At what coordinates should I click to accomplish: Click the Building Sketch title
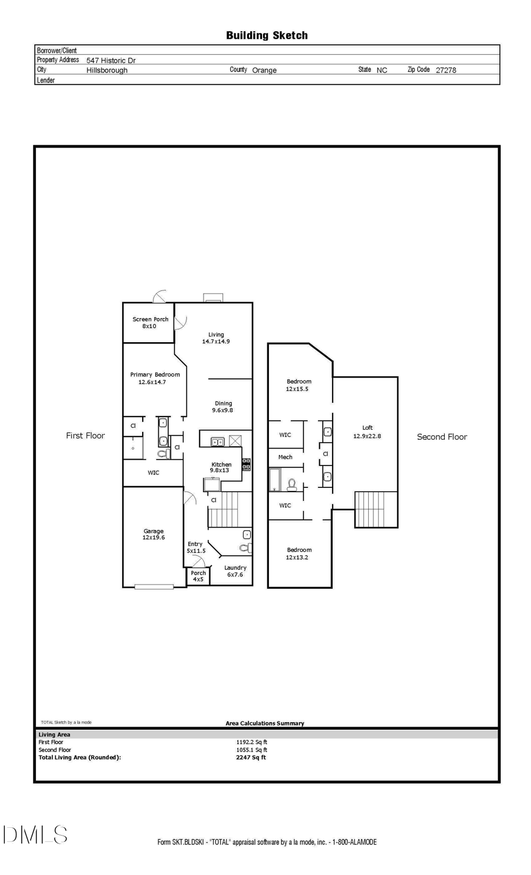(x=267, y=35)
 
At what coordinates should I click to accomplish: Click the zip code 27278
(x=445, y=70)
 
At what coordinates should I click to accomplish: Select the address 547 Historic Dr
(x=111, y=60)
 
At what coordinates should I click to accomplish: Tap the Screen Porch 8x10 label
(x=150, y=323)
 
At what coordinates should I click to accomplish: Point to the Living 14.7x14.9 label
(x=216, y=338)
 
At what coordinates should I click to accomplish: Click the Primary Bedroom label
(x=155, y=378)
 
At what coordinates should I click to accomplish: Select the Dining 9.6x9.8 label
(x=223, y=407)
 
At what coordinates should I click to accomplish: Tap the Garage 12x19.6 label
(x=153, y=535)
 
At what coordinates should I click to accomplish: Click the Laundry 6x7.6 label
(x=235, y=571)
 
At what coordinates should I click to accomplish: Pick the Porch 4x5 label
(x=198, y=576)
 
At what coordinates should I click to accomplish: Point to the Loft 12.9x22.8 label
(x=367, y=432)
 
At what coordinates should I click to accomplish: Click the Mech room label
(x=285, y=457)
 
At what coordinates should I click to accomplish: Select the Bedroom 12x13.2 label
(x=299, y=553)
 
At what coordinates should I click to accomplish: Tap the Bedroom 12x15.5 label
(x=299, y=385)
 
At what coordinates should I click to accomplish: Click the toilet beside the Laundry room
(x=245, y=548)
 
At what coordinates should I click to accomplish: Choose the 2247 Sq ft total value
(x=251, y=758)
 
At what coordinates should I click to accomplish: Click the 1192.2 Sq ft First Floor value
(x=251, y=742)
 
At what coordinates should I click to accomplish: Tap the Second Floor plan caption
(x=441, y=437)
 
